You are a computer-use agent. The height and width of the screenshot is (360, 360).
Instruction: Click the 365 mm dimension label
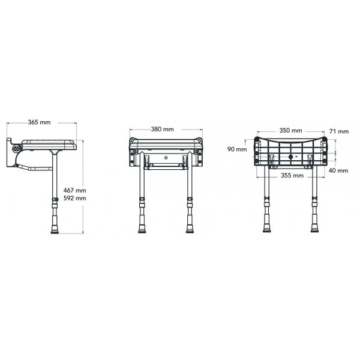pos(39,122)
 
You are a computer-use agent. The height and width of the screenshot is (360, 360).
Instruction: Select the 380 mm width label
pos(163,129)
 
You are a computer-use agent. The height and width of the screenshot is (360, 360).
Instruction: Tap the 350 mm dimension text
pos(290,130)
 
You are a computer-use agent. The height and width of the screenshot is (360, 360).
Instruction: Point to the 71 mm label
pos(339,131)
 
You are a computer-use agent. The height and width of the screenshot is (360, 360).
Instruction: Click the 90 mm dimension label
pos(237,149)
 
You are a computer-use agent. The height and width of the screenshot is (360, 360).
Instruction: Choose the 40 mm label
pos(338,170)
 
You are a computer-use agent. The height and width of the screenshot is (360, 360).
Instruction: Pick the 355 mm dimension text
pos(292,176)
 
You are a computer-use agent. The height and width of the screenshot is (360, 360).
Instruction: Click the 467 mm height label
pos(75,190)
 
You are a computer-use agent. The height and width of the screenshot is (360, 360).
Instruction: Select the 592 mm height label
pos(75,198)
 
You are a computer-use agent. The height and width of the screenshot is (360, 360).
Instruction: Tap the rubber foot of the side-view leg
pos(55,230)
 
